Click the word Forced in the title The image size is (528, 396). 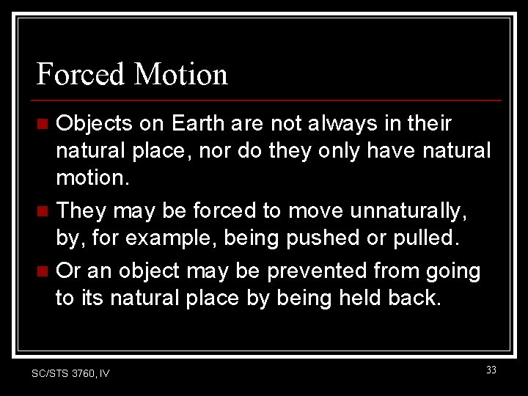coord(80,74)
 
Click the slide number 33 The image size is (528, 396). coord(491,370)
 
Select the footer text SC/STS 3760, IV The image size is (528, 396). coord(70,373)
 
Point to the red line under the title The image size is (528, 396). coord(268,100)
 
